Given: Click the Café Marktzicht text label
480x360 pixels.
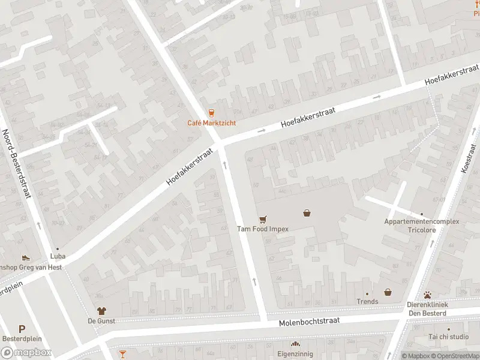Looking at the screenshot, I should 211,123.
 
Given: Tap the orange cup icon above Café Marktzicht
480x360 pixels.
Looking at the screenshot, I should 211,112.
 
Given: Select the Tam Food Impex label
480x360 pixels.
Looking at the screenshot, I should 262,229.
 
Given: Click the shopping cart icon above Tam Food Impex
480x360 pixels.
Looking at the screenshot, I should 262,219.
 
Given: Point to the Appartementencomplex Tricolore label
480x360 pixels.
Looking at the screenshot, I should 421,226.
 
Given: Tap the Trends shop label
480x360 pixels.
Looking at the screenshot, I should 367,301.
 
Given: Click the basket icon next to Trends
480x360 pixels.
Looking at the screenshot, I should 388,292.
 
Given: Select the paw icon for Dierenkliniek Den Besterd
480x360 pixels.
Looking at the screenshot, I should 427,295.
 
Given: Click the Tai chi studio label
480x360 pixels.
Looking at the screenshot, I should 449,337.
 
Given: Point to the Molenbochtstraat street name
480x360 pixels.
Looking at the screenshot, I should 309,322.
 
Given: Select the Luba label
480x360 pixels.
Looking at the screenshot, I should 58,256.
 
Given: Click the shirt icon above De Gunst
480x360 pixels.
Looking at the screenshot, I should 101,311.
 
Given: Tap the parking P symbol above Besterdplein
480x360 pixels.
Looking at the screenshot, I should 22,329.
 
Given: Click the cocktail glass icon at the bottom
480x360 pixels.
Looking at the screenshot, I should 122,354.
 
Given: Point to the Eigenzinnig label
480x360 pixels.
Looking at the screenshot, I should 295,354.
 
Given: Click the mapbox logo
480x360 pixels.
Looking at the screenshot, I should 26,353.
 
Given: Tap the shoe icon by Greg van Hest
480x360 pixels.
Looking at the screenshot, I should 26,257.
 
